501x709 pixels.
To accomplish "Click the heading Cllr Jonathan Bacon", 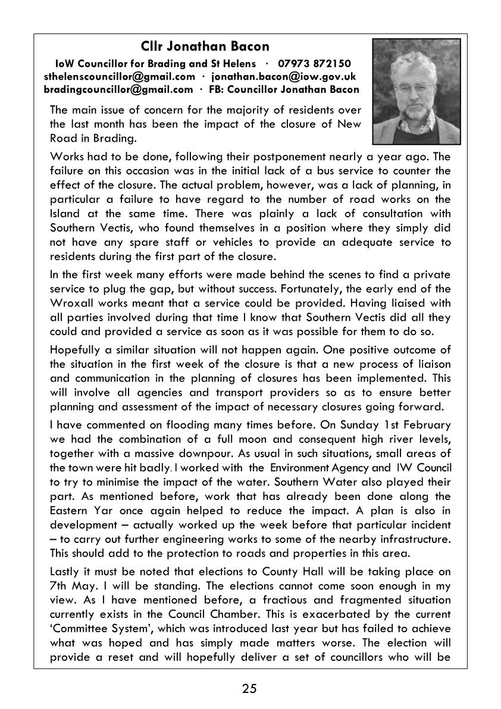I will [205, 46].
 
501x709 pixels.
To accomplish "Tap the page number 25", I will [249, 689].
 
